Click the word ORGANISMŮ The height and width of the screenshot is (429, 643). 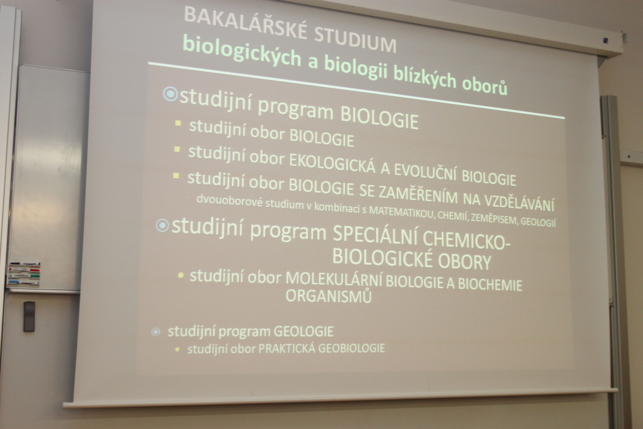click(x=329, y=295)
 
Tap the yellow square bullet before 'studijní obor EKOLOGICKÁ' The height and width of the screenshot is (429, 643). click(x=177, y=149)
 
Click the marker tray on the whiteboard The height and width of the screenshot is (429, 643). click(x=24, y=275)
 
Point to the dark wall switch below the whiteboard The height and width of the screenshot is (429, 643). click(x=29, y=317)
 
